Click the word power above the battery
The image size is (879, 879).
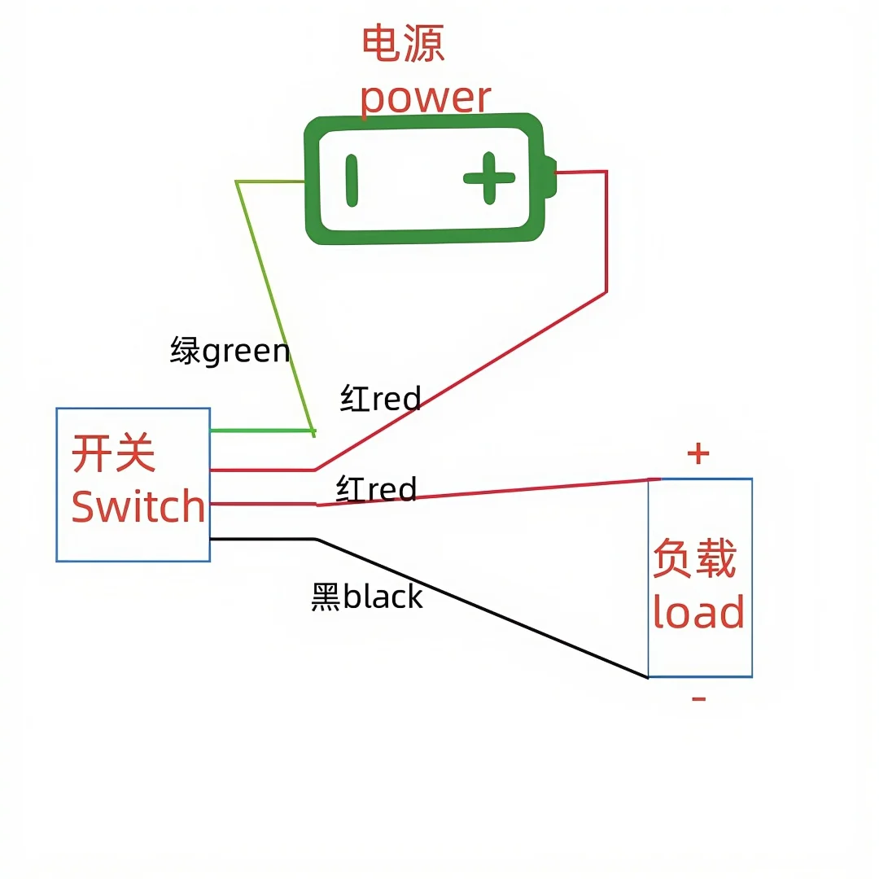(x=425, y=98)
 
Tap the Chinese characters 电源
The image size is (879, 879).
(x=403, y=45)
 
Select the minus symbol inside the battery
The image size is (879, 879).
(x=352, y=179)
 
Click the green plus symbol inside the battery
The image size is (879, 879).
(x=489, y=177)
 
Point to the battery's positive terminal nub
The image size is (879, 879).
(x=551, y=177)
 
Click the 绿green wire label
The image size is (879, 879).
(x=230, y=351)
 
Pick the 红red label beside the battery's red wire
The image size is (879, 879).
(x=380, y=399)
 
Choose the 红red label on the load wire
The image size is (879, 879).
(x=376, y=489)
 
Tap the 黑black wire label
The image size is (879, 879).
(x=367, y=597)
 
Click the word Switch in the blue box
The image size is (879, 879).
(x=138, y=506)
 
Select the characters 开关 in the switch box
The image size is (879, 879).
(x=114, y=453)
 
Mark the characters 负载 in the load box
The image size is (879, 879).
(x=694, y=558)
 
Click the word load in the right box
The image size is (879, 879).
(x=698, y=613)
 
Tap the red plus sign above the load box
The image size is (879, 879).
(x=698, y=453)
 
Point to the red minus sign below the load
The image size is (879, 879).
(x=698, y=698)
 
